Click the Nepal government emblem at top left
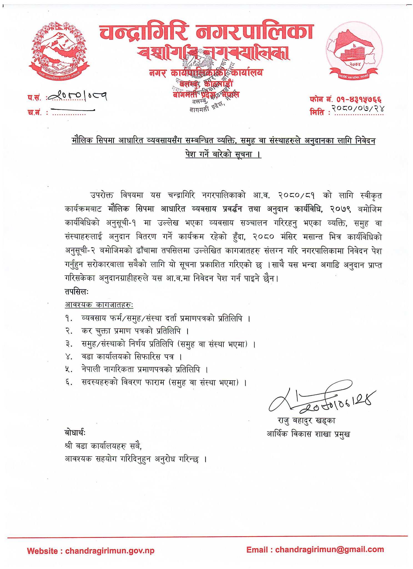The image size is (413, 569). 59,50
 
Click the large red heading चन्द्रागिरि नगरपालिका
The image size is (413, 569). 206,32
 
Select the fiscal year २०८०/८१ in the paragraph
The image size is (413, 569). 296,195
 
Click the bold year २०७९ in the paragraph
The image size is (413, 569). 341,209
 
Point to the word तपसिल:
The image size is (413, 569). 77,291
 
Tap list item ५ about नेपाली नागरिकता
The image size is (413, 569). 140,369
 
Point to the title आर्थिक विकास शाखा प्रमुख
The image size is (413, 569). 308,434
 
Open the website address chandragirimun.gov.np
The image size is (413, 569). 110,551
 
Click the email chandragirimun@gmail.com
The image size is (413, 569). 329,549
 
